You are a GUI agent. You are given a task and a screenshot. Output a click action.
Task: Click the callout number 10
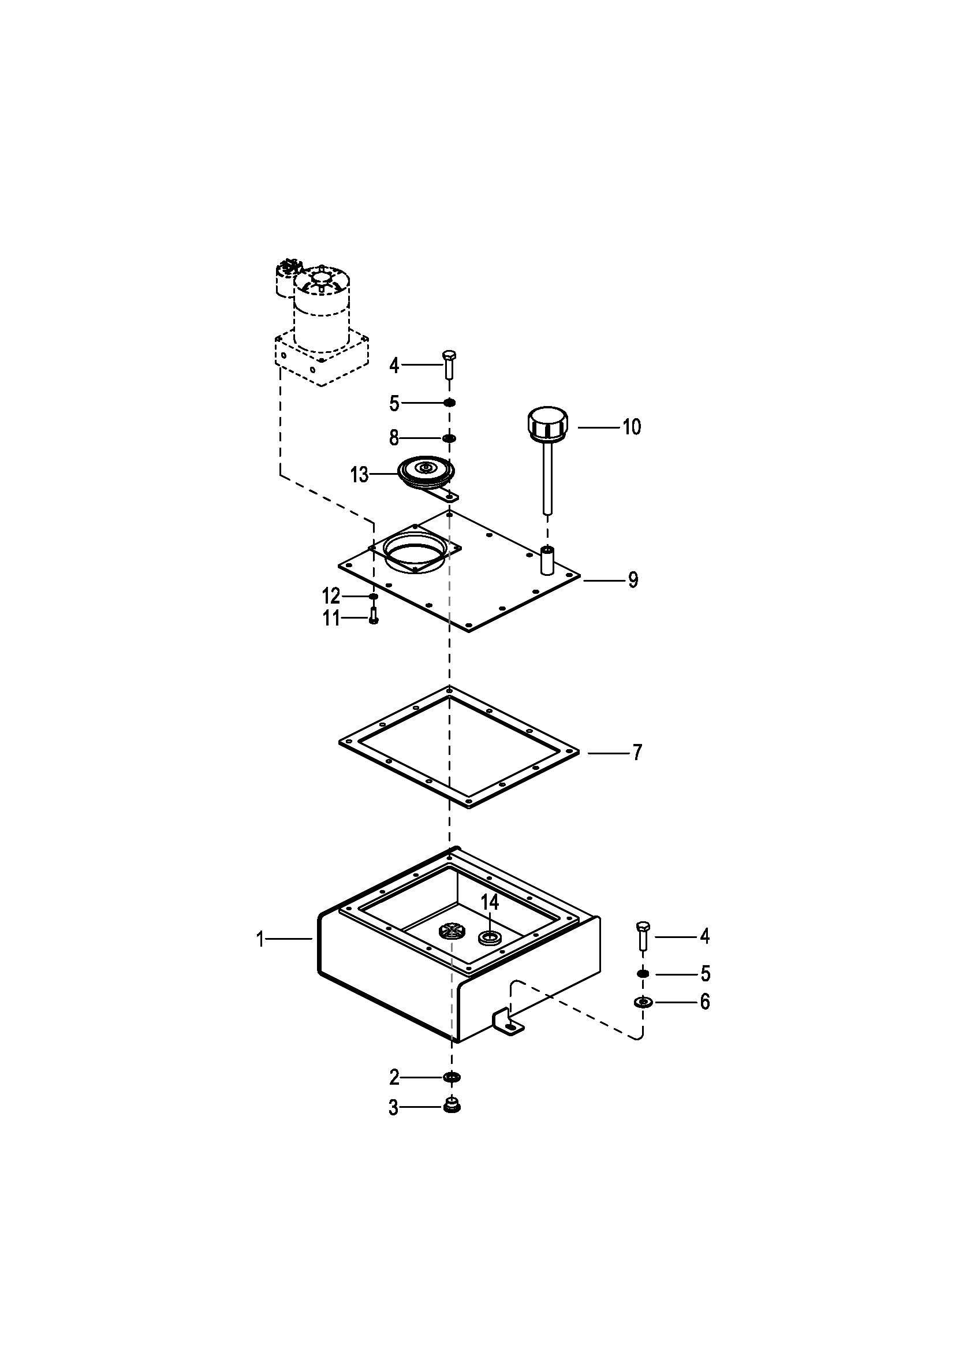[632, 427]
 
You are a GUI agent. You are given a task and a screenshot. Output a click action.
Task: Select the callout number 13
[359, 474]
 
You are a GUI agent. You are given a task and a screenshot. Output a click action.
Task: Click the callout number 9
[633, 580]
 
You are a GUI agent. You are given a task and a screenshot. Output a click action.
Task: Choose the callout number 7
[637, 753]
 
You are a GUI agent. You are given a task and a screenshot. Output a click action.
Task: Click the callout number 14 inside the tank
[489, 918]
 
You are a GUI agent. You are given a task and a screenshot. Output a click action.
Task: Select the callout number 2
[394, 1077]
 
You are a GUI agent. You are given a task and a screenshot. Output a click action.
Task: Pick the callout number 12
[330, 597]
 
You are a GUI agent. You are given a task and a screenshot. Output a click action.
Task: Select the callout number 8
[394, 438]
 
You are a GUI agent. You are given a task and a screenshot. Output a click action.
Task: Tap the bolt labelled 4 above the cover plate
[449, 365]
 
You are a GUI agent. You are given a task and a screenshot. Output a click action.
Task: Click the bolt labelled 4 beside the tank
[642, 937]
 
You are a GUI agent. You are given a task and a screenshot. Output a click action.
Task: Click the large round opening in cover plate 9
[415, 553]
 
